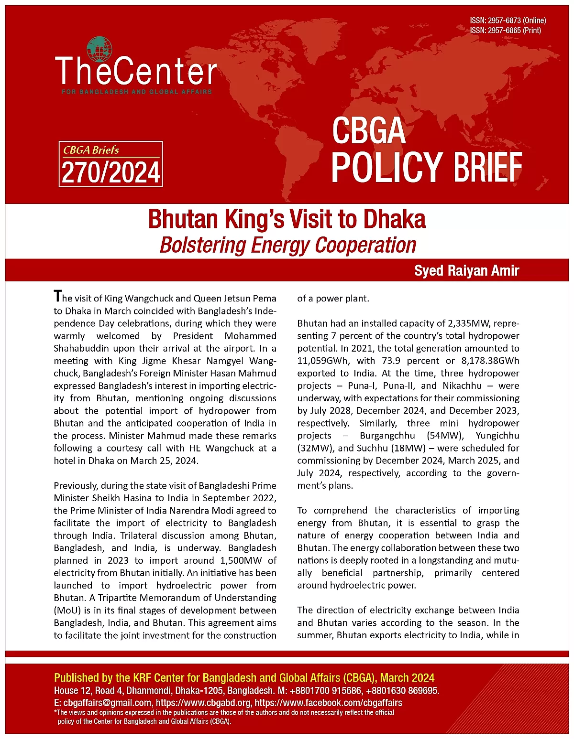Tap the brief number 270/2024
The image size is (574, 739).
pyautogui.click(x=110, y=173)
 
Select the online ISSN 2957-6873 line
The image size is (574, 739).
pyautogui.click(x=508, y=21)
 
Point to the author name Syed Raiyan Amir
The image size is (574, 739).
pyautogui.click(x=466, y=271)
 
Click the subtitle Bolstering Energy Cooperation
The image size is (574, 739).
pyautogui.click(x=288, y=245)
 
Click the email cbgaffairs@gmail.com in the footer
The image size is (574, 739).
pyautogui.click(x=107, y=703)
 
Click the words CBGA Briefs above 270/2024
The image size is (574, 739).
pyautogui.click(x=91, y=150)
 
